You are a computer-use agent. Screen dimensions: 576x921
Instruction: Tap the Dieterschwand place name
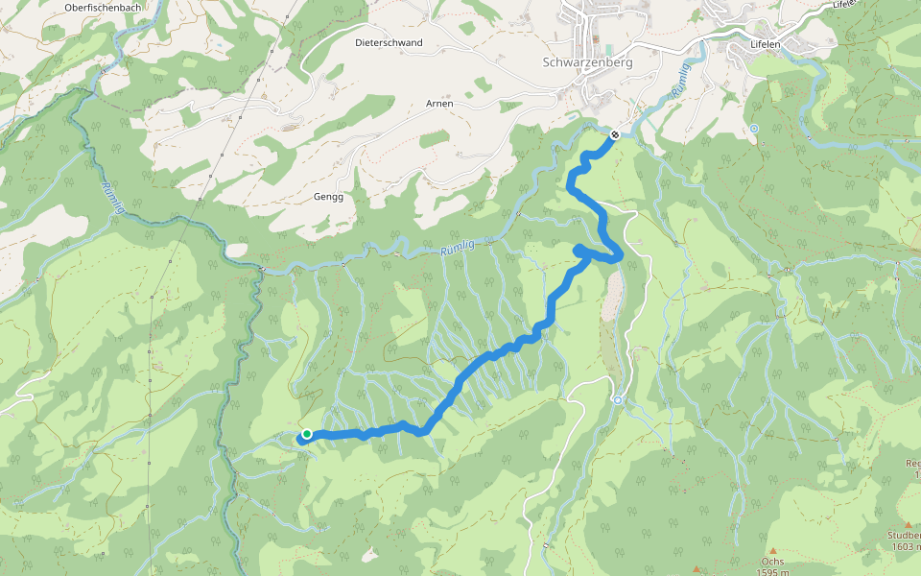(388, 42)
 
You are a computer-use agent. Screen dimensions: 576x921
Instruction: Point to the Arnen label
(438, 103)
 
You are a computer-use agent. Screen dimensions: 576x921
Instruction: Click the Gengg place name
(328, 196)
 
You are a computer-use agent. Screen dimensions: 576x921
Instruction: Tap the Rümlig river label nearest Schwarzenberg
(680, 90)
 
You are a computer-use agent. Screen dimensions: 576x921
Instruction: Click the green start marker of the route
(306, 434)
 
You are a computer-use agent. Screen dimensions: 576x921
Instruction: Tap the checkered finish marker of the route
(614, 134)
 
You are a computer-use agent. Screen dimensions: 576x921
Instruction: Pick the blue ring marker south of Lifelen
(754, 129)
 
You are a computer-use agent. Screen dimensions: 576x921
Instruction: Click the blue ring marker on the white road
(618, 399)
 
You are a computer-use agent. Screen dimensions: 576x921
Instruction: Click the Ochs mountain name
(772, 562)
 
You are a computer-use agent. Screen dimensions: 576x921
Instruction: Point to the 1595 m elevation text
(772, 572)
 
